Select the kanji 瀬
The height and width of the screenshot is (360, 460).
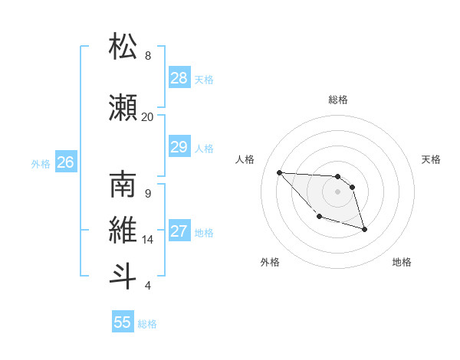[x=123, y=108]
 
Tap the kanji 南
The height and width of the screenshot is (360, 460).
[x=123, y=185]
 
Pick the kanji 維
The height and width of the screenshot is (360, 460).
[x=123, y=231]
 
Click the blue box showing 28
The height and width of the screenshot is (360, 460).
[x=179, y=78]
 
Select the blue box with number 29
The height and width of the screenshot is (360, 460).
[x=179, y=147]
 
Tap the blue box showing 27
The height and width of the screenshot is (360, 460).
[x=179, y=231]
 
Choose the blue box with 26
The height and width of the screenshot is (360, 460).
[x=65, y=162]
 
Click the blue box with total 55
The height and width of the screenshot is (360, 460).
[x=123, y=322]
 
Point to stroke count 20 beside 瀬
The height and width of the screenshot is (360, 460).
[x=147, y=116]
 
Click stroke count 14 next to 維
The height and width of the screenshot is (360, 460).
[x=147, y=240]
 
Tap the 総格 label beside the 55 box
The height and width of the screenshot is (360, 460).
[x=147, y=324]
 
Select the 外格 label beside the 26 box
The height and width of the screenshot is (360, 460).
[x=41, y=163]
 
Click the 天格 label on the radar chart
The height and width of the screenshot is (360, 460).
[x=432, y=159]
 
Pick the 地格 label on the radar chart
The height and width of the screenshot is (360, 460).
[x=402, y=262]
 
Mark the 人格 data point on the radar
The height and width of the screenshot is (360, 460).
[x=279, y=172]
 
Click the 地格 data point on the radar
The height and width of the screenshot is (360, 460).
[x=364, y=229]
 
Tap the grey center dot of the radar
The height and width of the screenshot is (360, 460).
[x=337, y=191]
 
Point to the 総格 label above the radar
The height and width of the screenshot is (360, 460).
[x=337, y=100]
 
